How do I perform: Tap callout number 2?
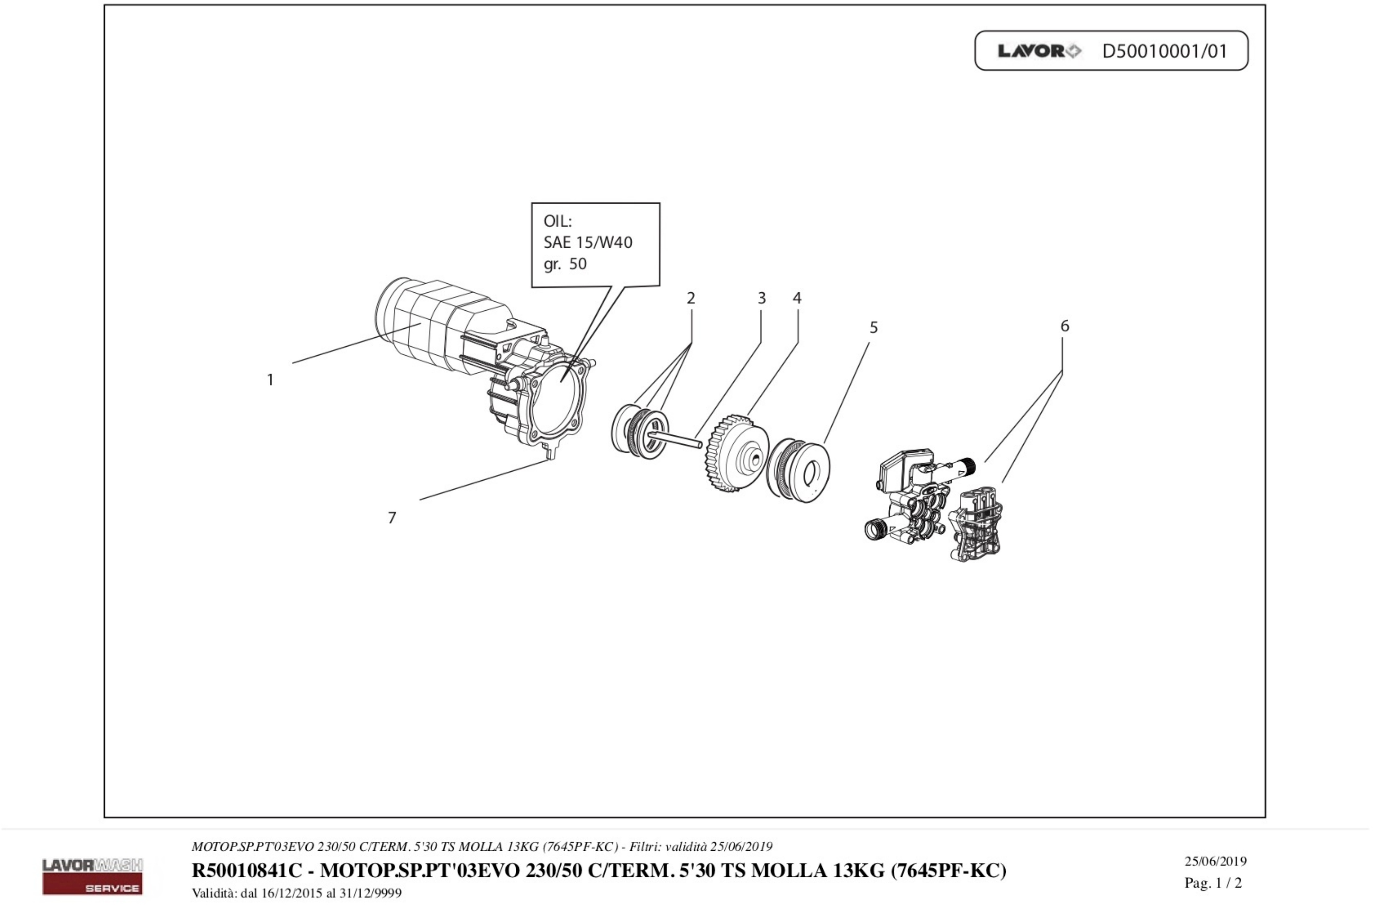pos(691,298)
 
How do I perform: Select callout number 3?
pos(762,298)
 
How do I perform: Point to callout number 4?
pos(797,298)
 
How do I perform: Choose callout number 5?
pos(873,328)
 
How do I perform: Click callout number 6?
pos(1064,326)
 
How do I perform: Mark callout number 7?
pos(392,518)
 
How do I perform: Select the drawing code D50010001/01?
pos(1164,51)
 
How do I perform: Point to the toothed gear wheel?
pos(736,453)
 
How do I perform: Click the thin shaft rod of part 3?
pos(681,440)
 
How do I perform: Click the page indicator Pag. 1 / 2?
pos(1213,883)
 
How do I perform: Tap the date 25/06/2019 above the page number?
pos(1215,861)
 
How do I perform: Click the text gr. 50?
pos(565,264)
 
